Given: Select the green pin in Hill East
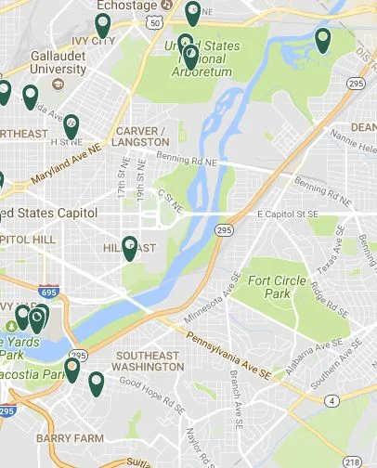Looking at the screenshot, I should point(129,248).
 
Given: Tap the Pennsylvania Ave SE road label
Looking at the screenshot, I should point(219,351).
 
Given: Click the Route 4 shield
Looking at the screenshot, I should point(331,401).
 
